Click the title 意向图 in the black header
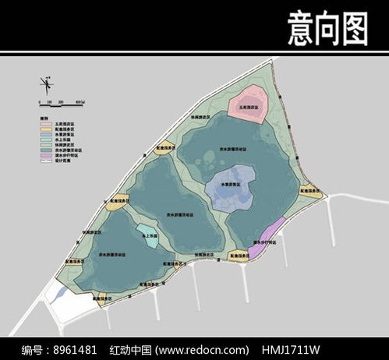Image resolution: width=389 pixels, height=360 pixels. click(x=327, y=29)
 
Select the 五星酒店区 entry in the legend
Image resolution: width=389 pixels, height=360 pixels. click(x=55, y=124)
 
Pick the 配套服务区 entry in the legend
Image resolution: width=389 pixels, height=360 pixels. click(x=55, y=129)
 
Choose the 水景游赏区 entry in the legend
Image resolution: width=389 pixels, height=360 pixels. click(x=55, y=135)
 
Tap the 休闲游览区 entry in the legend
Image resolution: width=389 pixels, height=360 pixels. click(x=55, y=145)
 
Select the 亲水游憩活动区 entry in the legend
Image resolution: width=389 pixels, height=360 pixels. click(x=56, y=150)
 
